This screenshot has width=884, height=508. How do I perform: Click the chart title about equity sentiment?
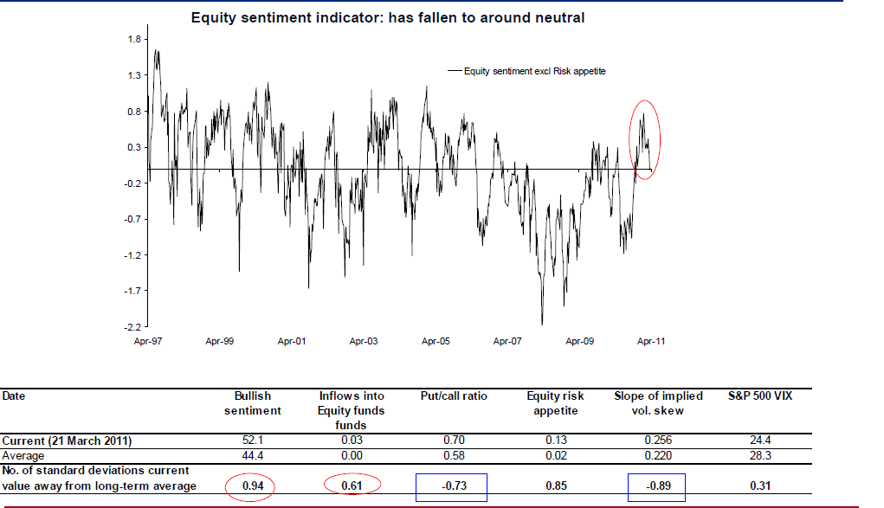tap(388, 17)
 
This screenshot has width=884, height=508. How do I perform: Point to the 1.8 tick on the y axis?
tap(134, 39)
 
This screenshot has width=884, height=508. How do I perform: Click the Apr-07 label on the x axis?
tap(507, 342)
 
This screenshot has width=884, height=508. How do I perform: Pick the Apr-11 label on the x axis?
tap(651, 342)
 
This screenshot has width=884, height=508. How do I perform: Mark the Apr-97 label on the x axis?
tap(148, 342)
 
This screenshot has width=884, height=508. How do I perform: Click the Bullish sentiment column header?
tap(258, 403)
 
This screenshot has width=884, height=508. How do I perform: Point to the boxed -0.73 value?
tap(452, 486)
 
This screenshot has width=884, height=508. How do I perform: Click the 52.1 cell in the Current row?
tap(258, 441)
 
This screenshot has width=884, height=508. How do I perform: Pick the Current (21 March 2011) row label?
tap(68, 441)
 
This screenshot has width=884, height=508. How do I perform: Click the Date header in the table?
tap(13, 396)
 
